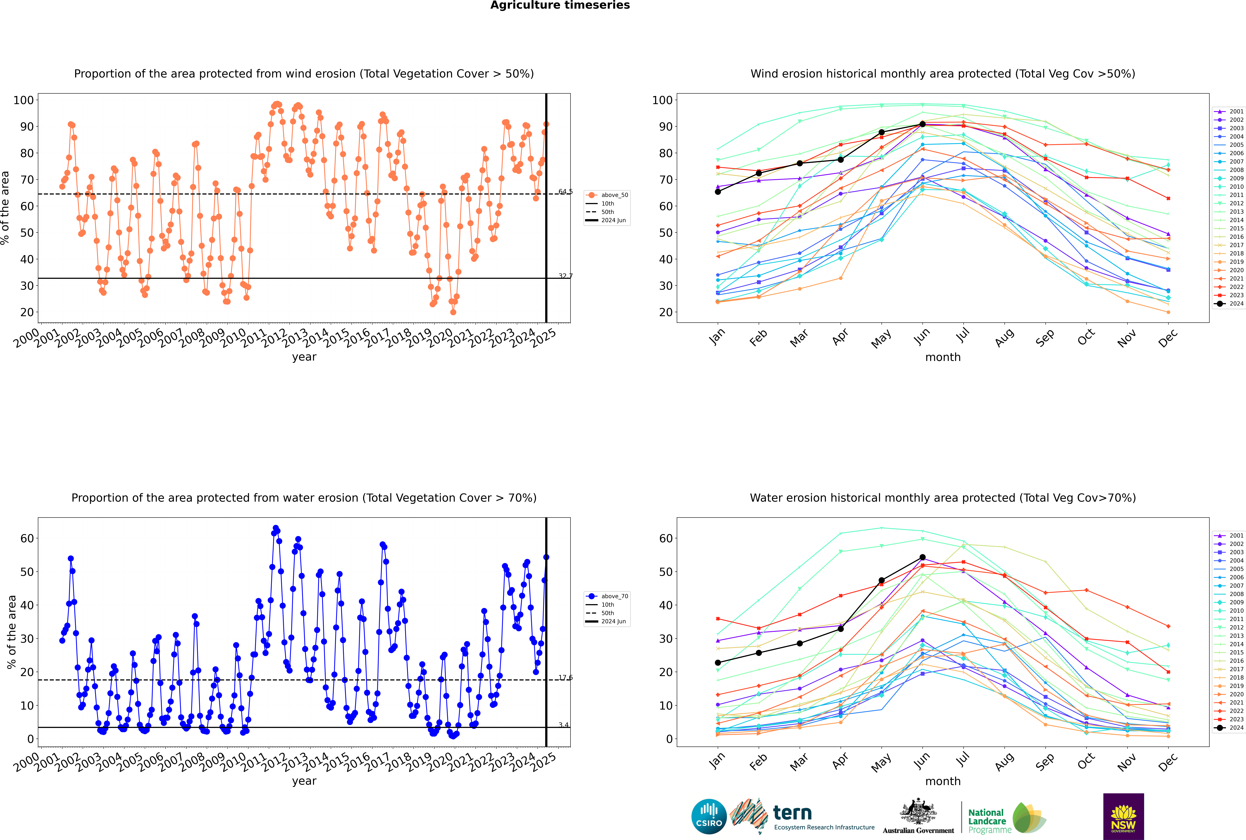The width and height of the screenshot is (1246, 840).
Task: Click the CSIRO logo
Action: pos(709,816)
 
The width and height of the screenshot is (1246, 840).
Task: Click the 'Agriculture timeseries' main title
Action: pos(560,5)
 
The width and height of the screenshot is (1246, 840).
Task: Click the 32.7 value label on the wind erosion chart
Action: pos(565,276)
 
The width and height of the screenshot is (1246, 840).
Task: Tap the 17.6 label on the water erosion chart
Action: pos(565,678)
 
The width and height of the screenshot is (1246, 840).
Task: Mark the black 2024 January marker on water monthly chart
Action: pos(718,663)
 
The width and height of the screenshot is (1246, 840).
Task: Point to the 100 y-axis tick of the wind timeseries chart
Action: pos(24,100)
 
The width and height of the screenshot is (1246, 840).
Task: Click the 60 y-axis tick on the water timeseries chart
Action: pos(27,538)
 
